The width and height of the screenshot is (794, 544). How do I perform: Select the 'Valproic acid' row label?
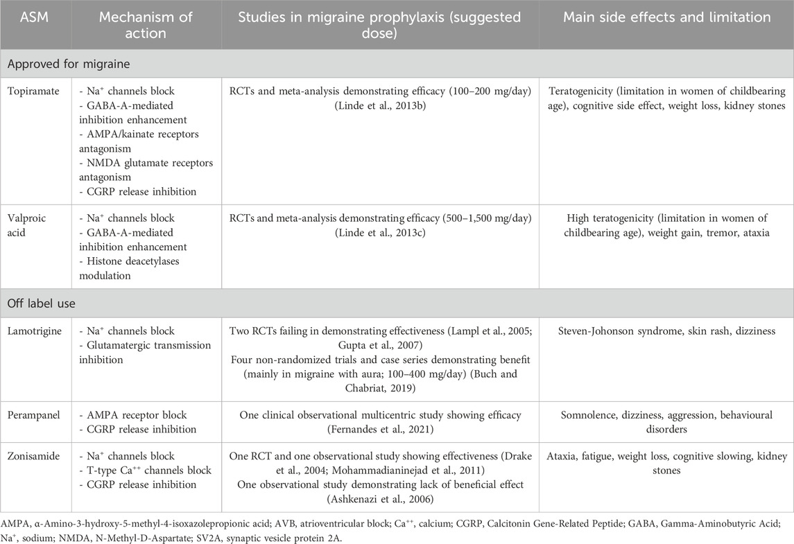(28, 225)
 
